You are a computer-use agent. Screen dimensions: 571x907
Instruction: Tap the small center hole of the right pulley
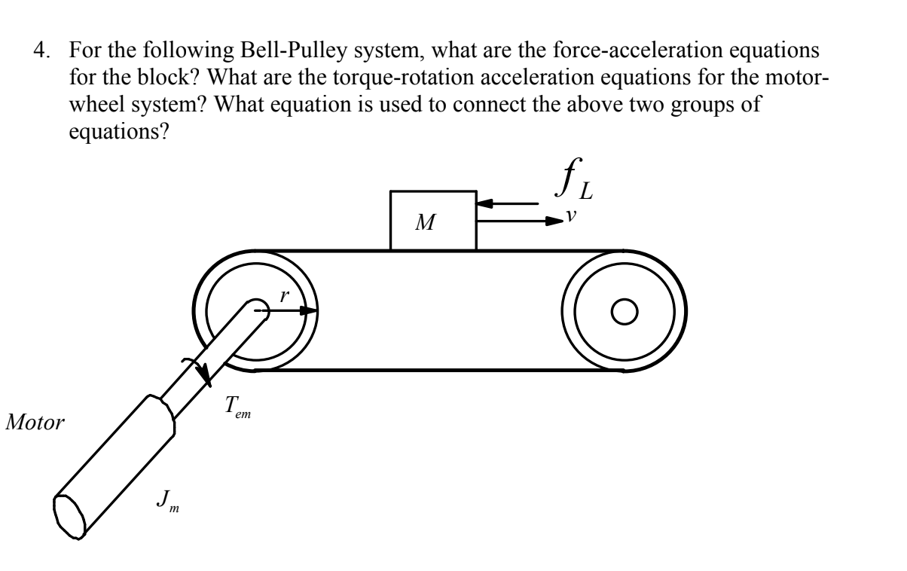coord(625,310)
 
